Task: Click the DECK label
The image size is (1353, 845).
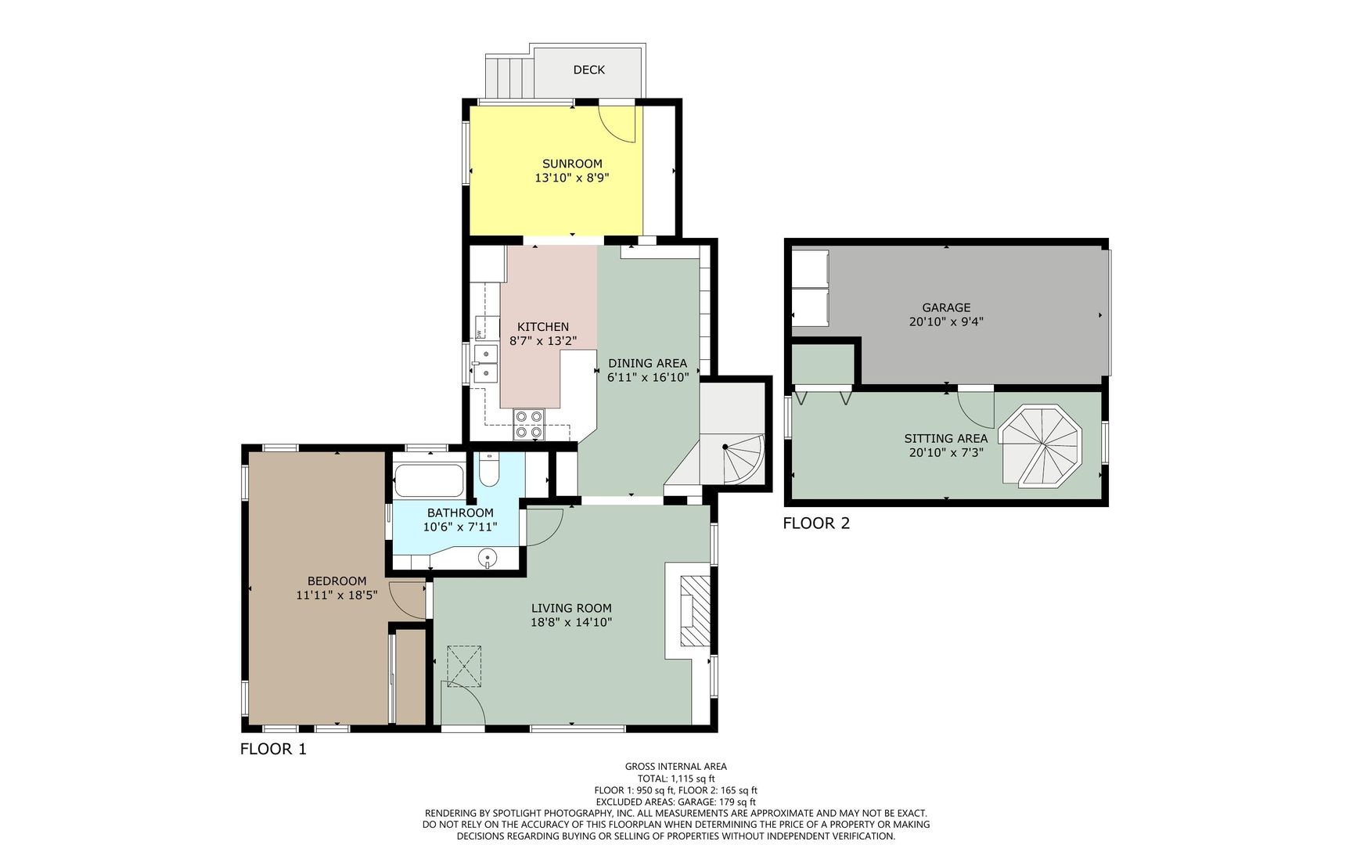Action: coord(588,70)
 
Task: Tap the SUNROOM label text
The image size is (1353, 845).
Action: coord(572,164)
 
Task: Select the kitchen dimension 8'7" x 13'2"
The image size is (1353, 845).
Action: coord(543,341)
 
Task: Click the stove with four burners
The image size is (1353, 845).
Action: coord(529,424)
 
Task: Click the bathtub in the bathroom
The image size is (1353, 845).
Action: coord(429,480)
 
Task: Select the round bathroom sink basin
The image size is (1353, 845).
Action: coord(488,558)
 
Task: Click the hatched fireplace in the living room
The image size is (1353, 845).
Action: coord(694,611)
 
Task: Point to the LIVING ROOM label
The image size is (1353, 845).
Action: coord(571,608)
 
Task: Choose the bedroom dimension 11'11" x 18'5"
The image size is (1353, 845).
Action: coord(336,595)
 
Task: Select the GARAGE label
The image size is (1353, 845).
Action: coord(946,307)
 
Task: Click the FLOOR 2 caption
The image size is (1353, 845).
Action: coord(816,523)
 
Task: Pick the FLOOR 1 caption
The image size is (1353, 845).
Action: coord(273,749)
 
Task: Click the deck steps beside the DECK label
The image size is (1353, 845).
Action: coord(509,76)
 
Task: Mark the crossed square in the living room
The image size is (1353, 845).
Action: coord(464,666)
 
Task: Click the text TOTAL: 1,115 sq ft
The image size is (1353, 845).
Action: coord(675,778)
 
